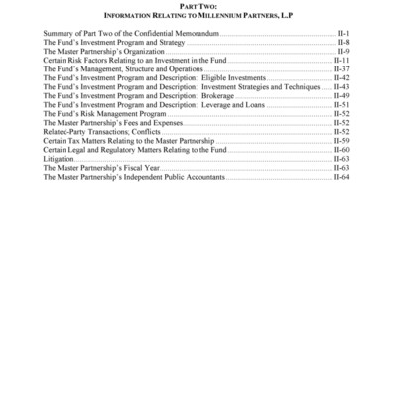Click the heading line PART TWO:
[x=198, y=6]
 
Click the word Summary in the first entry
[x=58, y=34]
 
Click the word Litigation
[x=60, y=158]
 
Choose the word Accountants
[x=202, y=176]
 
